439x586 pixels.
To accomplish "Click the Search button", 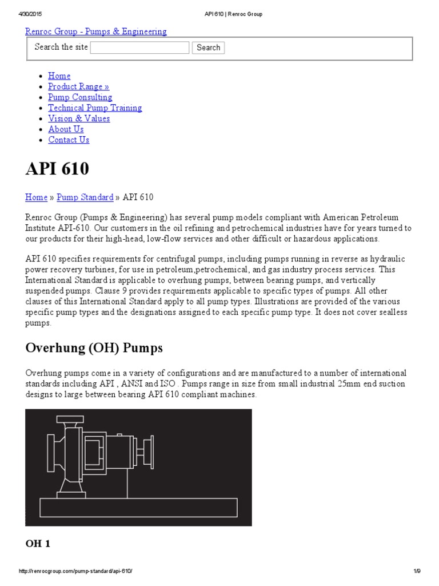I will point(208,47).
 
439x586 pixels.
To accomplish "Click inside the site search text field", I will point(139,47).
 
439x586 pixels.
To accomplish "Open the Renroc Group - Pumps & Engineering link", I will point(96,31).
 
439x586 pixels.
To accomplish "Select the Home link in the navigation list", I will point(59,76).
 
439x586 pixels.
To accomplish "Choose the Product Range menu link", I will point(78,86).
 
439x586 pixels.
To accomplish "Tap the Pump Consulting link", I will point(80,97).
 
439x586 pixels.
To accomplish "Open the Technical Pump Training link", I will point(95,108).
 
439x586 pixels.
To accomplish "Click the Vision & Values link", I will point(79,118).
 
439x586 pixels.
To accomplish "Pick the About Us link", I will point(66,129).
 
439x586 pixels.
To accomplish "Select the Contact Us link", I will point(69,140).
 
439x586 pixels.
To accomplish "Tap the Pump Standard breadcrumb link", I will point(85,197).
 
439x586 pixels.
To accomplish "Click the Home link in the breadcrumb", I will point(36,197).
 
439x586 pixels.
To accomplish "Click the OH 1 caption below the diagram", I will point(38,544).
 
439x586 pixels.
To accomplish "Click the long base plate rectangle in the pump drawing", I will point(138,507).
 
